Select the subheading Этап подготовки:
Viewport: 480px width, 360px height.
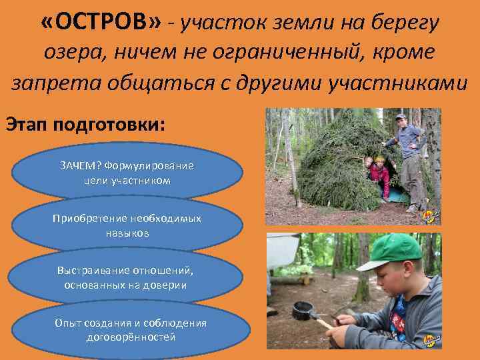tap(84, 125)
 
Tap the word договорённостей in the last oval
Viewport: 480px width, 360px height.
tap(131, 337)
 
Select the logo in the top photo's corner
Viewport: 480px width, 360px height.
tap(429, 217)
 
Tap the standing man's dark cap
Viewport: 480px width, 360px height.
tap(400, 117)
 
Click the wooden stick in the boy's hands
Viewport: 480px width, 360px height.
tap(325, 323)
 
